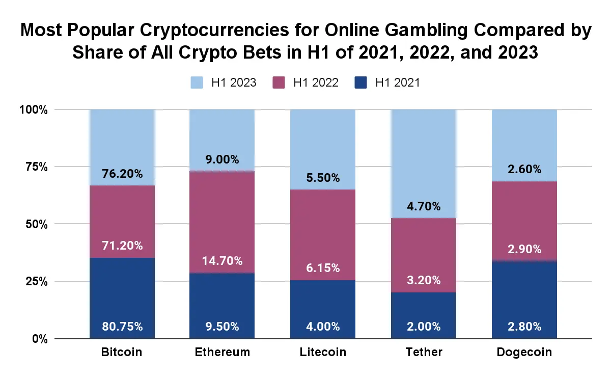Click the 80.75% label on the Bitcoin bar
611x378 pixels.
[x=122, y=327]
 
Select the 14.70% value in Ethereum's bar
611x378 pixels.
[x=222, y=261]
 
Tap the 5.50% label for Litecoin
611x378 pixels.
[x=323, y=178]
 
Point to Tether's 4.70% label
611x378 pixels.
[x=424, y=206]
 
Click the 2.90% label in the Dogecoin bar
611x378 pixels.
[x=524, y=249]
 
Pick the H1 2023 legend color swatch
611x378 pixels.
[x=197, y=83]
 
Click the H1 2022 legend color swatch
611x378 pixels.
[x=279, y=83]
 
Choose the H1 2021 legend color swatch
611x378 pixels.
[x=360, y=83]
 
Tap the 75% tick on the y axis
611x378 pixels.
[x=37, y=167]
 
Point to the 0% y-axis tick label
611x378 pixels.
[x=40, y=339]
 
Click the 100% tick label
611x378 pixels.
[x=33, y=110]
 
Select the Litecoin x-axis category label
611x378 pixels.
[x=323, y=352]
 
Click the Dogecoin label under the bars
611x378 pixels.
[x=524, y=353]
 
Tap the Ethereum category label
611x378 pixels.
[x=223, y=352]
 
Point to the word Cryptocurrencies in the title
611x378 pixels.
[x=214, y=31]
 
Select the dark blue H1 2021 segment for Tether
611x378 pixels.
[x=424, y=315]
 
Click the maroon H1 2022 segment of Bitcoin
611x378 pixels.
[x=122, y=222]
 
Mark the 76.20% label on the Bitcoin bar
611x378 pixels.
[x=122, y=174]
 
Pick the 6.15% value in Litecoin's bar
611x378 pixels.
[x=323, y=268]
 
